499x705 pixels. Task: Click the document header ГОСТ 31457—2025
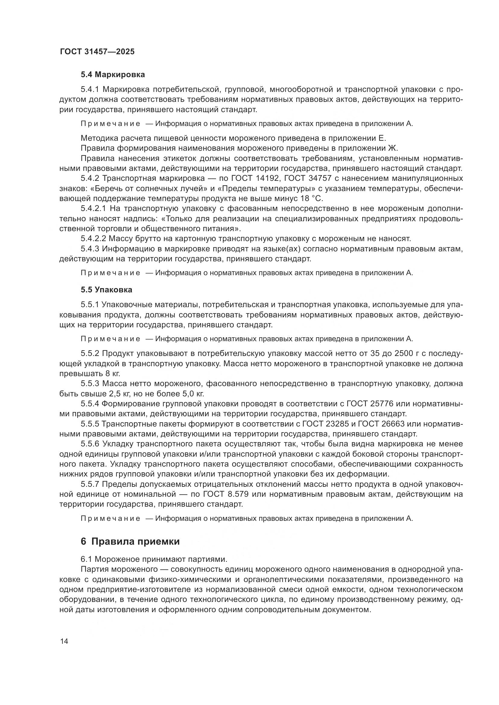click(97, 52)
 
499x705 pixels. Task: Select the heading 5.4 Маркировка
click(113, 74)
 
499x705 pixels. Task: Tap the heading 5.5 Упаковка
click(106, 290)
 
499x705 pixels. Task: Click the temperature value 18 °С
click(310, 198)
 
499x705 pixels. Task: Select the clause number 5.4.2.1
click(94, 209)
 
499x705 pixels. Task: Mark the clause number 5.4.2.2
click(94, 238)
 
